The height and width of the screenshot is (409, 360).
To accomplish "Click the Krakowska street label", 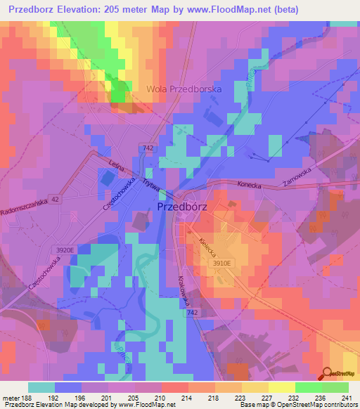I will [x=185, y=287].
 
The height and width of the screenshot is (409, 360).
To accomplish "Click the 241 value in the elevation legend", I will [x=347, y=398].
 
